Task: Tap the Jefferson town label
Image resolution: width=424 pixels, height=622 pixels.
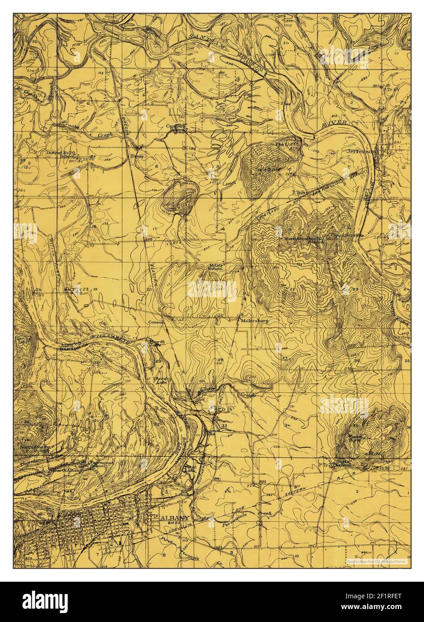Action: click(x=361, y=152)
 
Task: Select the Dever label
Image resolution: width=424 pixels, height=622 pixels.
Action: click(x=135, y=156)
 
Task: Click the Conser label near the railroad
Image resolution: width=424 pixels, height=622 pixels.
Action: click(x=157, y=322)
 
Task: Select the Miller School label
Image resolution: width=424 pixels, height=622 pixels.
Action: click(x=216, y=267)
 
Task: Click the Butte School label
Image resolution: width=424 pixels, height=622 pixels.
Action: click(x=343, y=463)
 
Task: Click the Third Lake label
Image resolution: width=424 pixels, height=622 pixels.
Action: click(x=161, y=380)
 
